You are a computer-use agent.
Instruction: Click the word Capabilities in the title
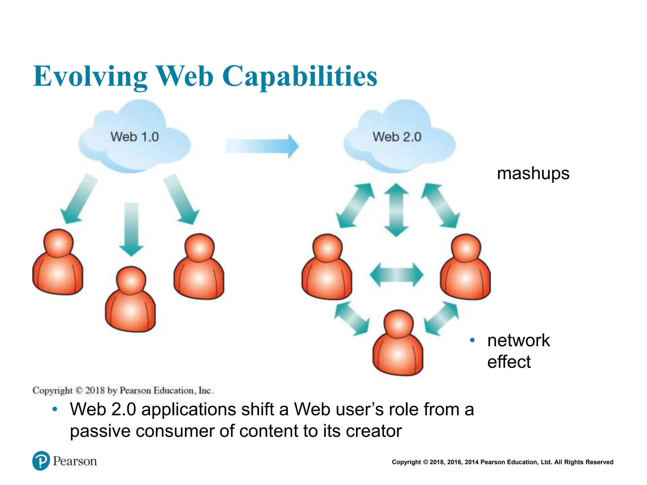pyautogui.click(x=300, y=76)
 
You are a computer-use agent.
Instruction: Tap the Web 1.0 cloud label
pyautogui.click(x=135, y=137)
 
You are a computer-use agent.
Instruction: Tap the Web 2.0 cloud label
pyautogui.click(x=397, y=137)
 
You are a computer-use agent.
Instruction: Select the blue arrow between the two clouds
pyautogui.click(x=262, y=146)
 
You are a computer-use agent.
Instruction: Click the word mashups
pyautogui.click(x=533, y=173)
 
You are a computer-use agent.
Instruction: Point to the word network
pyautogui.click(x=518, y=340)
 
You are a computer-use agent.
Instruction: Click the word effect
pyautogui.click(x=509, y=362)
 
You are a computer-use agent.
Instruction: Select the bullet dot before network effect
pyautogui.click(x=472, y=340)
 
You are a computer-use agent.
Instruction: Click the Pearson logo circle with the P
pyautogui.click(x=41, y=461)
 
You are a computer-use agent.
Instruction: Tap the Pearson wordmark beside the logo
pyautogui.click(x=75, y=461)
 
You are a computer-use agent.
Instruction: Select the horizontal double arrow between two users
pyautogui.click(x=396, y=275)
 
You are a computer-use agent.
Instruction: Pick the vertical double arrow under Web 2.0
pyautogui.click(x=396, y=210)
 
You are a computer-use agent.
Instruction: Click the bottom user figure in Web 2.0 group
pyautogui.click(x=398, y=344)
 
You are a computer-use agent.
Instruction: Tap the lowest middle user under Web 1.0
pyautogui.click(x=130, y=300)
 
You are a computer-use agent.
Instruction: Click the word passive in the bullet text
pyautogui.click(x=100, y=431)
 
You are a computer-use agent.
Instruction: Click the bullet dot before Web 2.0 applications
pyautogui.click(x=55, y=410)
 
